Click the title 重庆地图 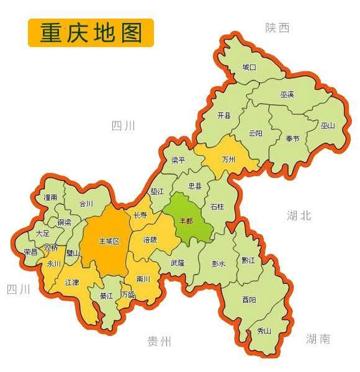91,32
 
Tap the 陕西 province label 277,28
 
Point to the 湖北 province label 299,216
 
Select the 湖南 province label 318,339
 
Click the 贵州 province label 159,341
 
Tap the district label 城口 249,67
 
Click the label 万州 228,159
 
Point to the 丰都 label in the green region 186,221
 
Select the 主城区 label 109,241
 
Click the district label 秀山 264,331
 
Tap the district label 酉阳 249,299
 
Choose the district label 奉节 292,138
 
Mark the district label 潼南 51,197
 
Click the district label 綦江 107,296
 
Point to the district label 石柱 217,206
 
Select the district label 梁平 179,160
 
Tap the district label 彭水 218,263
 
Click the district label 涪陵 150,239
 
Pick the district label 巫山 328,125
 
